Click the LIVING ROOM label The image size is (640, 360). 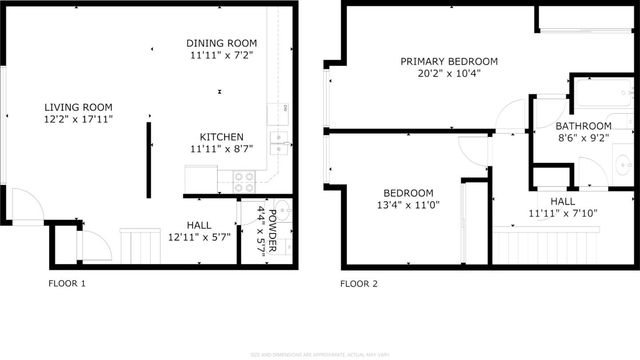coord(77,107)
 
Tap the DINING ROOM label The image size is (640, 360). coord(222,43)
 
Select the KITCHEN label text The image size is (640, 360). coord(221,136)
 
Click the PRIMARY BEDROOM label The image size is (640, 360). coord(449,61)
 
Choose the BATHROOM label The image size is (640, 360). coord(585,126)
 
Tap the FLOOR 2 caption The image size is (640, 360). coord(359,283)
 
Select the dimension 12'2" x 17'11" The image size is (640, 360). coord(77,119)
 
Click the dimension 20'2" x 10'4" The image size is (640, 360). coord(449,73)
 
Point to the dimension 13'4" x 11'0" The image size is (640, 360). coord(407,205)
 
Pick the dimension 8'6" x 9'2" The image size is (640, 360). coord(585,138)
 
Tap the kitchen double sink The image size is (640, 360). coord(281,140)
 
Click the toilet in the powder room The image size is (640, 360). coord(282,212)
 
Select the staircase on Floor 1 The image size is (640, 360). coord(140,244)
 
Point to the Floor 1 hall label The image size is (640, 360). coord(200,225)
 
